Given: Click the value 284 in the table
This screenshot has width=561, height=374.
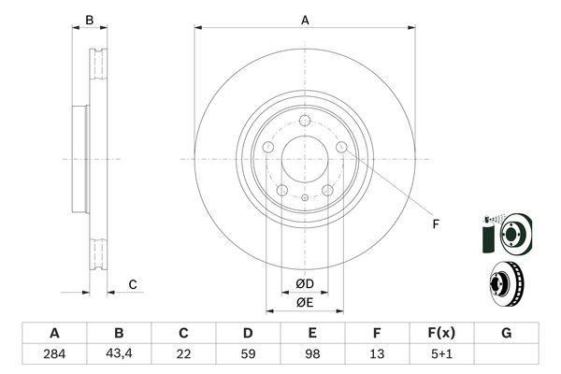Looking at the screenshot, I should pos(54,356).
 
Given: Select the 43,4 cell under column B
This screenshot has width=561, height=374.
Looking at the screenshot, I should pos(119,356).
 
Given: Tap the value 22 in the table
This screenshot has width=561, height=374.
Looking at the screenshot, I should pos(183,356).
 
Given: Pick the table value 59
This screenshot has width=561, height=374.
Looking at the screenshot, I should pos(248,356).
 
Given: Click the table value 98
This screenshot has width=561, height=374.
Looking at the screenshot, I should pos(312,356).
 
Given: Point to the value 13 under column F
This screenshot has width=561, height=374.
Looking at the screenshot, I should pos(377,356).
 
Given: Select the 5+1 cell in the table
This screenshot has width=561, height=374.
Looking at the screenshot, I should pos(441,356).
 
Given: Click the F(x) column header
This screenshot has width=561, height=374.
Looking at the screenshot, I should pos(441,334).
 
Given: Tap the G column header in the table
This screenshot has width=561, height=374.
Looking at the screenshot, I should pos(506,334).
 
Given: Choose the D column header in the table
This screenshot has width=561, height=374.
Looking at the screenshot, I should pos(248,334).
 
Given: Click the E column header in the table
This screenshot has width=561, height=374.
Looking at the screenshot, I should pos(312,334).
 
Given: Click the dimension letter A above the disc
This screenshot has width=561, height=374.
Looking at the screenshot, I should pos(305,20).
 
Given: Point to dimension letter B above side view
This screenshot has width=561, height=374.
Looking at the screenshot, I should pos(90,20).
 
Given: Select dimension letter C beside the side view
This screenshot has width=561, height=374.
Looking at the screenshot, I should pos(133,284).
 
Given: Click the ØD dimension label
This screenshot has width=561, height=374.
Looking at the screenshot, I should pos(305,283).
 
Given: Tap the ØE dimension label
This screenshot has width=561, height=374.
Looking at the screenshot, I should pos(305,302).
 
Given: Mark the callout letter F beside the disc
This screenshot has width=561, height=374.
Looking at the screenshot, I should pos(435,224).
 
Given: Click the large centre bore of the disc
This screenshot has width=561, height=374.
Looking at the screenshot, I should pos(305,160).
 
